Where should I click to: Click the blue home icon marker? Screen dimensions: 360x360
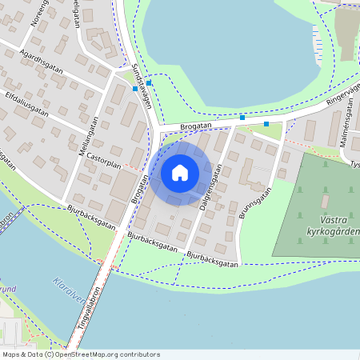click(180, 172)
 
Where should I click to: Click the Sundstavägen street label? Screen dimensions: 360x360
click(142, 84)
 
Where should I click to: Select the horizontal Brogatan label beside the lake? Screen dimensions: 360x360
click(195, 126)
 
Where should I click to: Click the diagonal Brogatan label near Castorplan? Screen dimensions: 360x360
click(139, 189)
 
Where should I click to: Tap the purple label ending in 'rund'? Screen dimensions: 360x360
click(7, 289)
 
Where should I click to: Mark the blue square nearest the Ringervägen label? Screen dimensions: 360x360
click(266, 124)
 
